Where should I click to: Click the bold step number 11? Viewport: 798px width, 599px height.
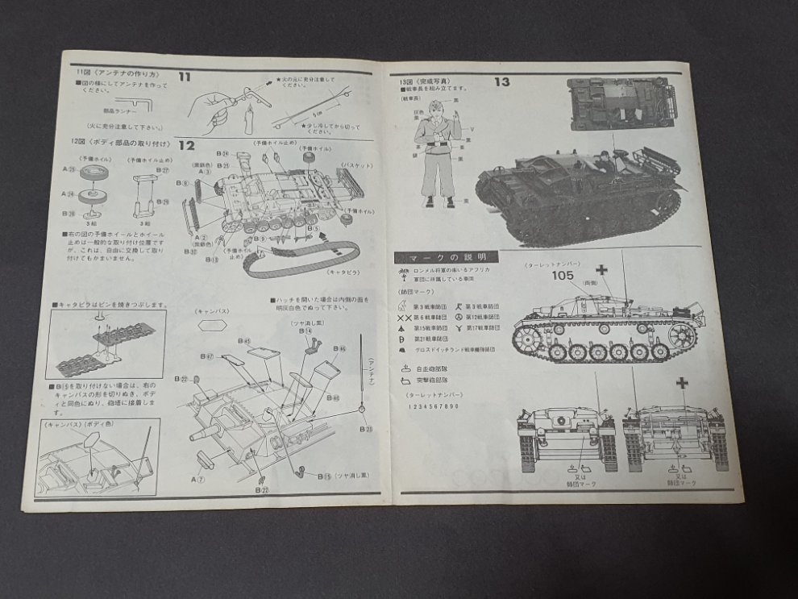pyautogui.click(x=185, y=77)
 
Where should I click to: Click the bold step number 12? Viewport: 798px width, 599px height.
pyautogui.click(x=186, y=145)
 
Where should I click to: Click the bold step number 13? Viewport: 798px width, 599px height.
pyautogui.click(x=501, y=81)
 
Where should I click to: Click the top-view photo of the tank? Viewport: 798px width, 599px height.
pyautogui.click(x=618, y=105)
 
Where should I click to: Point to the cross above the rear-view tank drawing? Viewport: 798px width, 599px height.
pyautogui.click(x=683, y=384)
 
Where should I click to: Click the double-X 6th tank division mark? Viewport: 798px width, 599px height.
pyautogui.click(x=405, y=318)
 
